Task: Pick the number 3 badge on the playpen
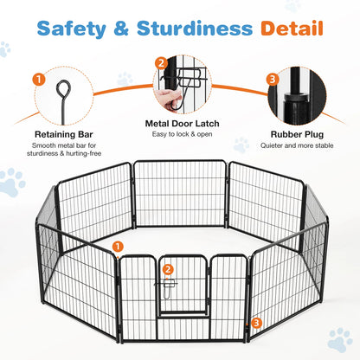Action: point(255,323)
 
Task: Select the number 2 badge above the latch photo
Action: point(161,63)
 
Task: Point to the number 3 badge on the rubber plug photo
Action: point(273,80)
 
